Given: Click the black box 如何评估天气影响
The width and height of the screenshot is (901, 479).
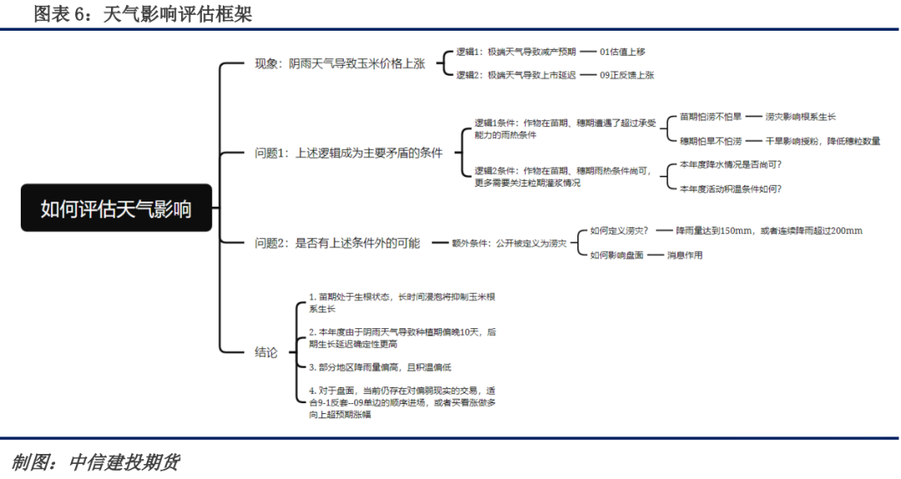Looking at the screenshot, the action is [x=116, y=207].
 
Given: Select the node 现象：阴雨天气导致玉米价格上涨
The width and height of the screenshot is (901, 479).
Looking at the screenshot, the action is [x=340, y=63].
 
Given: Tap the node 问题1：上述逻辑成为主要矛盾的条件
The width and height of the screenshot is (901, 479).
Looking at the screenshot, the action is [x=349, y=153].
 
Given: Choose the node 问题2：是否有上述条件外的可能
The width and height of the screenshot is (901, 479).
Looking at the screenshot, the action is [x=337, y=243].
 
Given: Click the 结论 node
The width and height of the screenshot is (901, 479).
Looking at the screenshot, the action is [x=266, y=352].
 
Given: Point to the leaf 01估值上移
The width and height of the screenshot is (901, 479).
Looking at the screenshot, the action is [x=622, y=52].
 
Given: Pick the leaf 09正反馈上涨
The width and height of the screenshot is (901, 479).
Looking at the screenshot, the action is [x=627, y=75].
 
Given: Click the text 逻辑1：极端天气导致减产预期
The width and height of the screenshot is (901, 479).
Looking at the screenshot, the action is [x=516, y=52].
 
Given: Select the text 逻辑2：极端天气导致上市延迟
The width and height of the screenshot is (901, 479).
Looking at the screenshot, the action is [x=516, y=75].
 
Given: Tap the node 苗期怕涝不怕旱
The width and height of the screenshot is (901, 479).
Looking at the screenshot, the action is [x=711, y=117].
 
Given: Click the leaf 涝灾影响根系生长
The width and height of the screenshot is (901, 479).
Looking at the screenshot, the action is [x=800, y=117].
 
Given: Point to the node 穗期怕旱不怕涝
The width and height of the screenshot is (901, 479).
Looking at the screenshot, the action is [x=711, y=141].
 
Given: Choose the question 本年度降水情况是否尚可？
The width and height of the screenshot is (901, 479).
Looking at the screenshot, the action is [x=731, y=165].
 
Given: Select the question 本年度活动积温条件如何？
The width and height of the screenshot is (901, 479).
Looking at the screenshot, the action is [x=731, y=189].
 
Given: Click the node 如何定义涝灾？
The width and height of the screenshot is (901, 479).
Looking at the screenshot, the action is [x=619, y=231].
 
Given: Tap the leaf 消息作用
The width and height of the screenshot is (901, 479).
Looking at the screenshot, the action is [x=684, y=255].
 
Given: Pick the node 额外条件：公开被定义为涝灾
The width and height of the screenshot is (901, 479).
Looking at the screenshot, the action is [x=509, y=243].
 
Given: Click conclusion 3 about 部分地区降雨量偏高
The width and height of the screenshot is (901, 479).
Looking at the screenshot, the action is [x=380, y=367].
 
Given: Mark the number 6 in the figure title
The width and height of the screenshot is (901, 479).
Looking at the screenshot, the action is [x=79, y=14].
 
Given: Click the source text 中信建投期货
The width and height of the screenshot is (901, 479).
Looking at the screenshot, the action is [x=124, y=462].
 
